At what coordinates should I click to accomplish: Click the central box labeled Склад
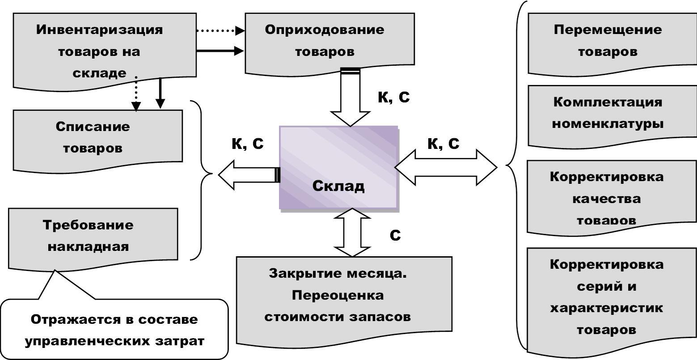pyautogui.click(x=339, y=168)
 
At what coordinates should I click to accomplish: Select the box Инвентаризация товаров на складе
pyautogui.click(x=105, y=51)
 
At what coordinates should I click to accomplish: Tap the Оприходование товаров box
pyautogui.click(x=330, y=44)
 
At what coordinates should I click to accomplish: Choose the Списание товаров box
pyautogui.click(x=98, y=141)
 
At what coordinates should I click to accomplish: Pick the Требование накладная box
pyautogui.click(x=93, y=240)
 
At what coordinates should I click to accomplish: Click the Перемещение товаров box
pyautogui.click(x=613, y=44)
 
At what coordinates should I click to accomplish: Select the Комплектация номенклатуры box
pyautogui.click(x=613, y=117)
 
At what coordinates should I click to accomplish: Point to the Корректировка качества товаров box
pyautogui.click(x=612, y=198)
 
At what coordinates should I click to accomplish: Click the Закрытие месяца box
pyautogui.click(x=344, y=302)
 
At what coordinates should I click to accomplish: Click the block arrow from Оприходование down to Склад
pyautogui.click(x=351, y=97)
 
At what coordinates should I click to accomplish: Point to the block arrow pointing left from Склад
pyautogui.click(x=249, y=175)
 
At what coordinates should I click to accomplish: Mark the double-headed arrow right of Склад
pyautogui.click(x=446, y=167)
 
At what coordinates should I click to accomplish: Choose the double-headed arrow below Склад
pyautogui.click(x=352, y=233)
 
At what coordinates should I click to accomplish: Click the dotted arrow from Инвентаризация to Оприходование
pyautogui.click(x=220, y=30)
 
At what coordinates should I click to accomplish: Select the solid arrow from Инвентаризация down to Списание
pyautogui.click(x=160, y=93)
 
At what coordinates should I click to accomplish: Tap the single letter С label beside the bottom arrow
pyautogui.click(x=395, y=235)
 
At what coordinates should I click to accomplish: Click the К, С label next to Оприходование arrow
pyautogui.click(x=393, y=97)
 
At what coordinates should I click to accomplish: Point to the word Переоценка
pyautogui.click(x=338, y=295)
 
